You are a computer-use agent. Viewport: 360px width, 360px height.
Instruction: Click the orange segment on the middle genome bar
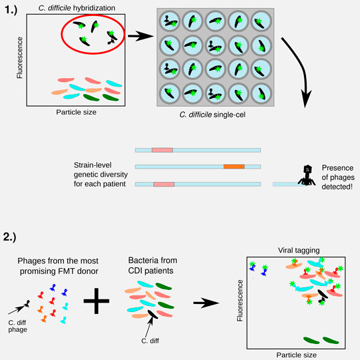point(234,167)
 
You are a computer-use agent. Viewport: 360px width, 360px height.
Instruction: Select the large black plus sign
point(97,301)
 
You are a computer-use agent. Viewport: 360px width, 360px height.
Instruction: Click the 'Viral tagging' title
point(299,250)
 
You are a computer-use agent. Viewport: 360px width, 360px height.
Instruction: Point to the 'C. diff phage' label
point(17,326)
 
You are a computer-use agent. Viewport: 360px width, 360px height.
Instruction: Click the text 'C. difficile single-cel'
point(213,115)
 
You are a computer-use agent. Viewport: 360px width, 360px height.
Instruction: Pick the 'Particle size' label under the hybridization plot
point(76,112)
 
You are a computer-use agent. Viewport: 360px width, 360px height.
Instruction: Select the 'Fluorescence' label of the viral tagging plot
point(240,301)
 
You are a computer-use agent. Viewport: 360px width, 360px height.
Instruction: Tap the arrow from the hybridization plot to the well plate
point(141,36)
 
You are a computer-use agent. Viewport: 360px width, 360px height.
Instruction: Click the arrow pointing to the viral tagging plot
point(206,303)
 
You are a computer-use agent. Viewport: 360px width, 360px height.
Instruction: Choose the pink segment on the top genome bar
point(162,150)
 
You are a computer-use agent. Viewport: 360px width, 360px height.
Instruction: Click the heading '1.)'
point(11,10)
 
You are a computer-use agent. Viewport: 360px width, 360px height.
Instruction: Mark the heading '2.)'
point(9,237)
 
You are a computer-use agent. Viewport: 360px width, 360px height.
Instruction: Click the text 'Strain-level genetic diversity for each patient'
point(101,175)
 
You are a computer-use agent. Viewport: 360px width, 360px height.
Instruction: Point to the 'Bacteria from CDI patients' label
point(153,265)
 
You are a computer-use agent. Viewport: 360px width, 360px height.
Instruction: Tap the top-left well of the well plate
point(170,21)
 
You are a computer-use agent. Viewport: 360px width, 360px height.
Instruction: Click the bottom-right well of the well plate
point(261,94)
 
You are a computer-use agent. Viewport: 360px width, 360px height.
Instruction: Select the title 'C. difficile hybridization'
point(77,8)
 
